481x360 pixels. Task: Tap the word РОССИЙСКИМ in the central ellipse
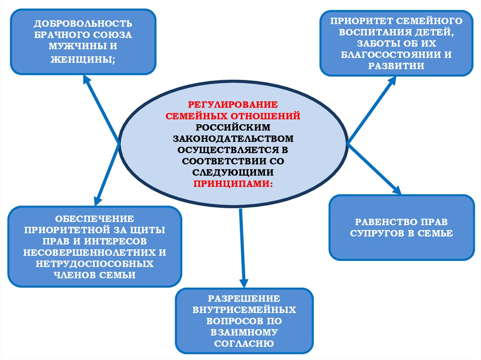point(233,127)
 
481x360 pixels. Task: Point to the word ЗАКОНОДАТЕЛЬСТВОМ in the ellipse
point(233,138)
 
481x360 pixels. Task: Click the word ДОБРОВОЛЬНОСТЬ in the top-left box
point(83,23)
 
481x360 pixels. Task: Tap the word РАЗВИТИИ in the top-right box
point(397,66)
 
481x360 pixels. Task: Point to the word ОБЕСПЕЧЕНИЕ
point(95,219)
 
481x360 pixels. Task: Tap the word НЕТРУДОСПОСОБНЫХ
point(95,264)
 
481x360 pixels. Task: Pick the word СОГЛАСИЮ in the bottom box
point(244,344)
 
